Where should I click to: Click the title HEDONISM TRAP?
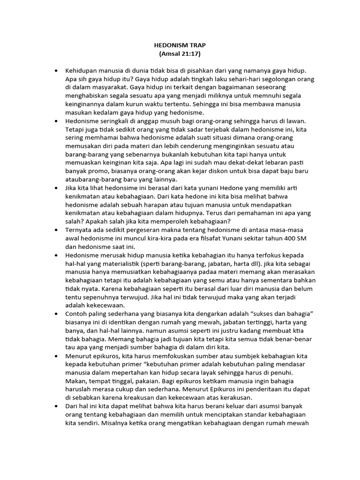point(180,45)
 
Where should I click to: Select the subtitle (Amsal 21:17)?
point(180,54)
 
